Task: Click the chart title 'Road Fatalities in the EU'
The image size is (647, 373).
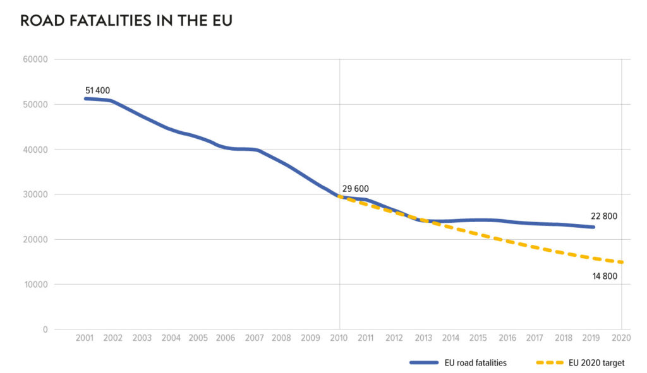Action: pos(126,21)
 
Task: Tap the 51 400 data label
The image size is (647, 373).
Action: pos(97,91)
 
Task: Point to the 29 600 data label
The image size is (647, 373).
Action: pos(355,189)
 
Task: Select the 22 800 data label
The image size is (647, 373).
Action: pos(604,216)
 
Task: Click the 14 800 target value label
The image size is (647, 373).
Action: pos(604,276)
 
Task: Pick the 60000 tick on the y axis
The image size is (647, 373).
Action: pos(35,59)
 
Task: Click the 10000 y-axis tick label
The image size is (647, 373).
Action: pos(35,285)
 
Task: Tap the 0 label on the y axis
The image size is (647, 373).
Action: pos(45,329)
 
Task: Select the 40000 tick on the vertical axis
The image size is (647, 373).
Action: pos(35,150)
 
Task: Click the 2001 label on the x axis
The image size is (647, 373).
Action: pos(85,338)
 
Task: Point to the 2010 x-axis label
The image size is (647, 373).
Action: pos(340,338)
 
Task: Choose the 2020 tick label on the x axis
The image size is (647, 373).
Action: pos(622,338)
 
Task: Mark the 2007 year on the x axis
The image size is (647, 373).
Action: pos(254,338)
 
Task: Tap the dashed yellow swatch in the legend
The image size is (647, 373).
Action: pos(548,363)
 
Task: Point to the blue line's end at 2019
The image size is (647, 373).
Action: pos(594,227)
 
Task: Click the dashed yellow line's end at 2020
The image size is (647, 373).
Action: pos(622,263)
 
